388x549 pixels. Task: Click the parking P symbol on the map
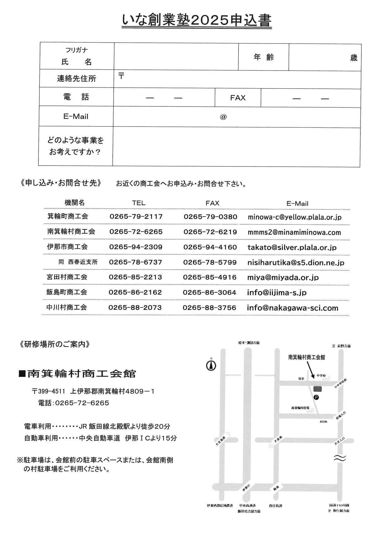[x=316, y=398]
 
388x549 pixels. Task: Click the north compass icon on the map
[x=211, y=365]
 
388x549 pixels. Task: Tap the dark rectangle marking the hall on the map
[x=317, y=389]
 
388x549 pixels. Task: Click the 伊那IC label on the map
[x=246, y=487]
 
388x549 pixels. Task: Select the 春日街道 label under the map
[x=275, y=505]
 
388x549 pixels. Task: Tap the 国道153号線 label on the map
[x=339, y=505]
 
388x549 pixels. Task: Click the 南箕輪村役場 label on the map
[x=300, y=408]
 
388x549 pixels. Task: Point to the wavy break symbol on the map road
[x=340, y=458]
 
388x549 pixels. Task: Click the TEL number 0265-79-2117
[x=136, y=217]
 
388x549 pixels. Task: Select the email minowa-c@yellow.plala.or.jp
[x=294, y=217]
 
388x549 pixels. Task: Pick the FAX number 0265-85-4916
[x=210, y=277]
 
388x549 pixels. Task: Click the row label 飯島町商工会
[x=67, y=292]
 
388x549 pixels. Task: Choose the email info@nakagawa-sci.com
[x=293, y=308]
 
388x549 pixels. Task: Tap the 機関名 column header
[x=74, y=203]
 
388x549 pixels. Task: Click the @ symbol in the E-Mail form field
[x=223, y=117]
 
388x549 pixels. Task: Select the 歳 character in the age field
[x=354, y=58]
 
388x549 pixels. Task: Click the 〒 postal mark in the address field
[x=121, y=76]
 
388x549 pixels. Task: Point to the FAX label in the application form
[x=238, y=98]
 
